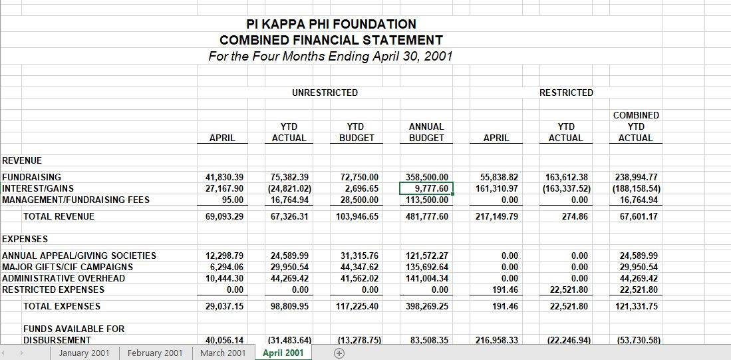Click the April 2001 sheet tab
click(283, 353)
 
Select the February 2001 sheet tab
click(154, 353)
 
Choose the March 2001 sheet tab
click(223, 353)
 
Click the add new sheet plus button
click(339, 353)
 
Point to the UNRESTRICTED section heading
click(325, 92)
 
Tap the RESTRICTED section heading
click(566, 92)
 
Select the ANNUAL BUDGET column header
click(426, 132)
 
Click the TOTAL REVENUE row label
click(59, 216)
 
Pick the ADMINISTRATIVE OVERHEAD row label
click(64, 278)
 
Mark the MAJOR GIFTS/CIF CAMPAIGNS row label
click(68, 267)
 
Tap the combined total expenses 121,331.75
click(638, 306)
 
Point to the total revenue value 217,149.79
click(497, 216)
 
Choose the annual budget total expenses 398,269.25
click(426, 306)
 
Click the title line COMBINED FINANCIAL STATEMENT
click(331, 40)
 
